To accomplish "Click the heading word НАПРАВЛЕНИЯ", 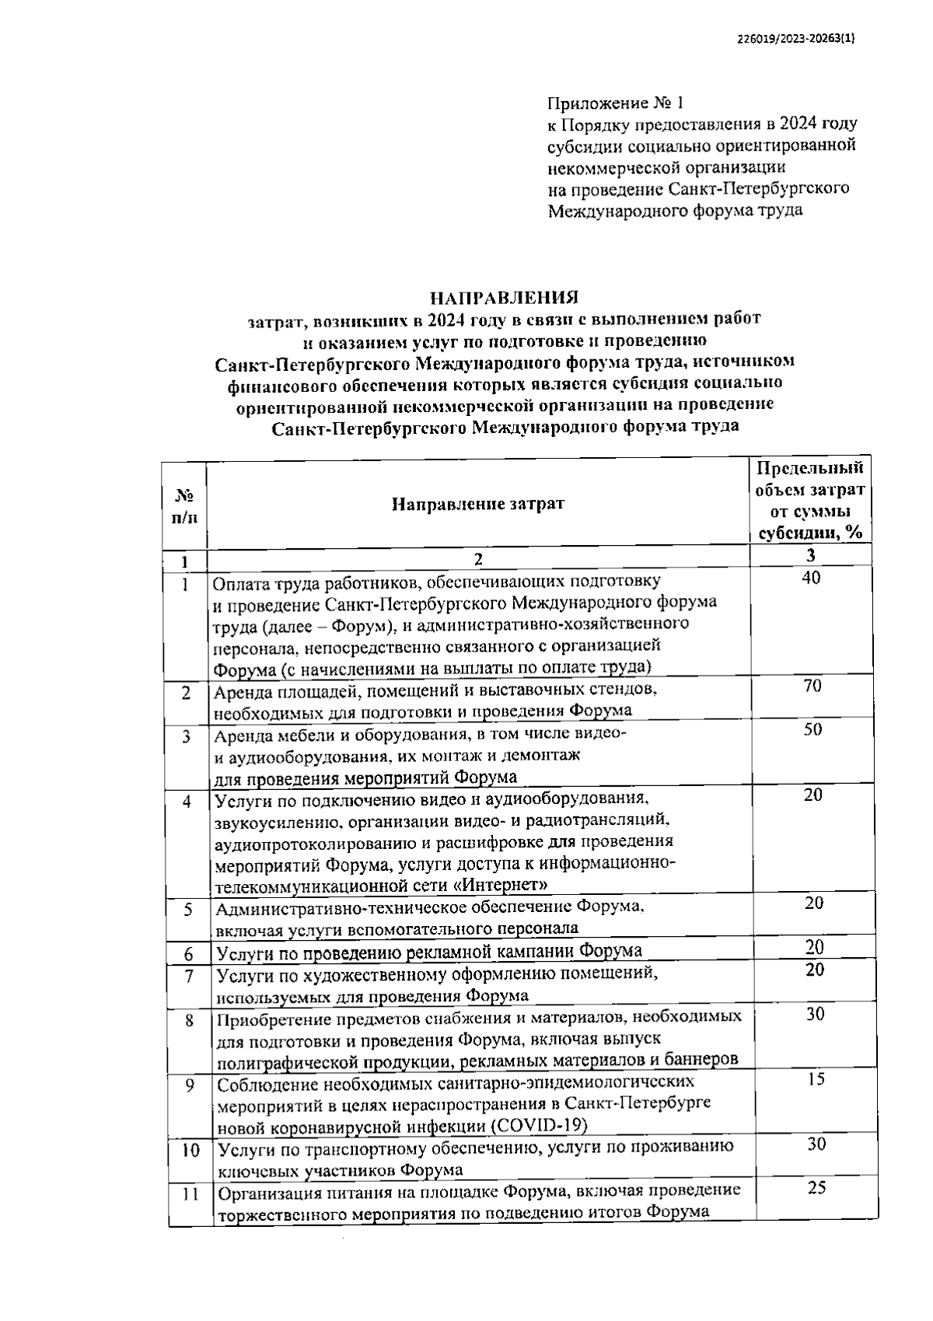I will click(x=505, y=298).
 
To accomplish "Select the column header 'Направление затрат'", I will click(x=477, y=504).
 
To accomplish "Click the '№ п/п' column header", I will click(x=183, y=506).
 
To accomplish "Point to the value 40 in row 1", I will click(x=811, y=578).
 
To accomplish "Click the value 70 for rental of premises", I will click(x=812, y=686).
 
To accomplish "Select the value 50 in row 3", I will click(x=812, y=729).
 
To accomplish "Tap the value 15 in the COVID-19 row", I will click(x=816, y=1079).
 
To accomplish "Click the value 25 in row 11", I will click(x=816, y=1188).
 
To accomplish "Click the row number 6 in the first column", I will click(x=188, y=953).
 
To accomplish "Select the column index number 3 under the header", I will click(x=811, y=555).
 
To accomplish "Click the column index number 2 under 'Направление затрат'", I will click(x=478, y=559).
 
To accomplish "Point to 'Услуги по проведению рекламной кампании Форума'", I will click(x=429, y=951).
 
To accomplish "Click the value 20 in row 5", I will click(x=814, y=903).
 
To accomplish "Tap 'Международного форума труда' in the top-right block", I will click(x=676, y=211).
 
